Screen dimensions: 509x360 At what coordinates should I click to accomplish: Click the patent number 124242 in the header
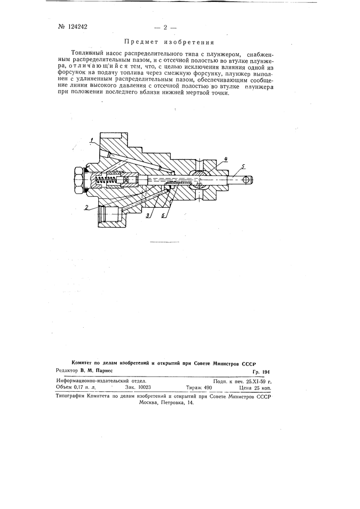(75, 27)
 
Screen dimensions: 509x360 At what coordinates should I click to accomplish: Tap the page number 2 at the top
(165, 27)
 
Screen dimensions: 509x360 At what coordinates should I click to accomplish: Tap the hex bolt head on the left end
(78, 180)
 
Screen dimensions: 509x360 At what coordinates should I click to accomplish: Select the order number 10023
(142, 388)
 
